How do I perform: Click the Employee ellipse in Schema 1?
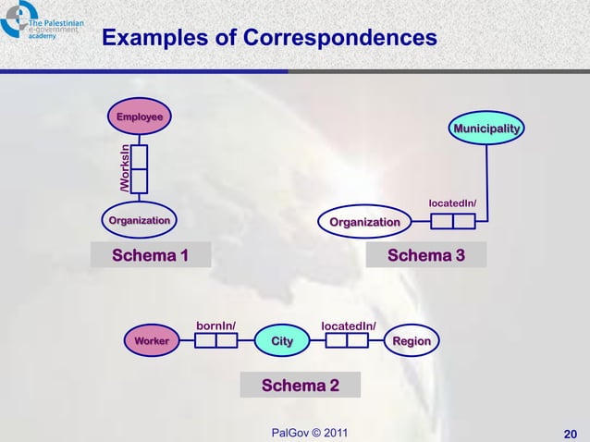pos(139,117)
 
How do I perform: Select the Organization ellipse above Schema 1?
pos(139,221)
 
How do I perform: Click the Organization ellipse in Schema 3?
pos(364,222)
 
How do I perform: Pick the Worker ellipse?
pos(152,341)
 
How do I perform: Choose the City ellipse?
pos(281,341)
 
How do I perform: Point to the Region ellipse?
pos(412,341)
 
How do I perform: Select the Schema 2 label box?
pos(300,385)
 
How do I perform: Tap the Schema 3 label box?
pos(425,255)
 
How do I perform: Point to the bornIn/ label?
pos(216,325)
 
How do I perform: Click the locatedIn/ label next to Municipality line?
pos(452,203)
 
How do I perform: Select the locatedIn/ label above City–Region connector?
pos(348,325)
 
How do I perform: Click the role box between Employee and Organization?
pos(139,169)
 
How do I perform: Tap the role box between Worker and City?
pos(216,341)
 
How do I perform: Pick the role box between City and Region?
pos(347,341)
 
